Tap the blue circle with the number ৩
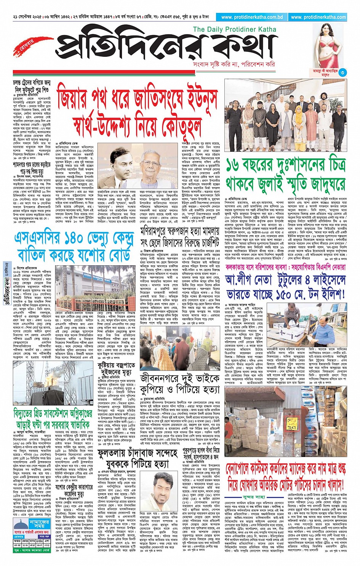(342, 72)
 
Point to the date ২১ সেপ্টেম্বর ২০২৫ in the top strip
(28, 17)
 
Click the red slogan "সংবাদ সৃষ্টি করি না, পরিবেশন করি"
(234, 64)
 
